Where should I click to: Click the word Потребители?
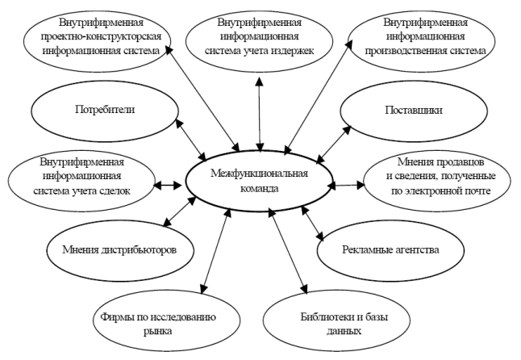(x=105, y=110)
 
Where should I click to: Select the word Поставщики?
(x=414, y=111)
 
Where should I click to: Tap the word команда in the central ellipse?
(x=259, y=189)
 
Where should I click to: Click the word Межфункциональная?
(x=259, y=174)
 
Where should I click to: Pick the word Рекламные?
(x=364, y=249)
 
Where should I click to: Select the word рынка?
(x=158, y=332)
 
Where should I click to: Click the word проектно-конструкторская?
(x=101, y=36)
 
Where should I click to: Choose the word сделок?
(x=114, y=191)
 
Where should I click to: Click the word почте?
(x=477, y=191)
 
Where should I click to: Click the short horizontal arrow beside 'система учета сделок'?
(x=169, y=185)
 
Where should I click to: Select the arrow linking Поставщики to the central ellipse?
(x=334, y=144)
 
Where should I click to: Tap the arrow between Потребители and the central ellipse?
(x=190, y=140)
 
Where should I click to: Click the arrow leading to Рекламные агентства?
(x=312, y=223)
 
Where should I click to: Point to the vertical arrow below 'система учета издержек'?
(x=260, y=115)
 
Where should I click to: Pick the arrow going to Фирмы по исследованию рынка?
(x=216, y=251)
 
